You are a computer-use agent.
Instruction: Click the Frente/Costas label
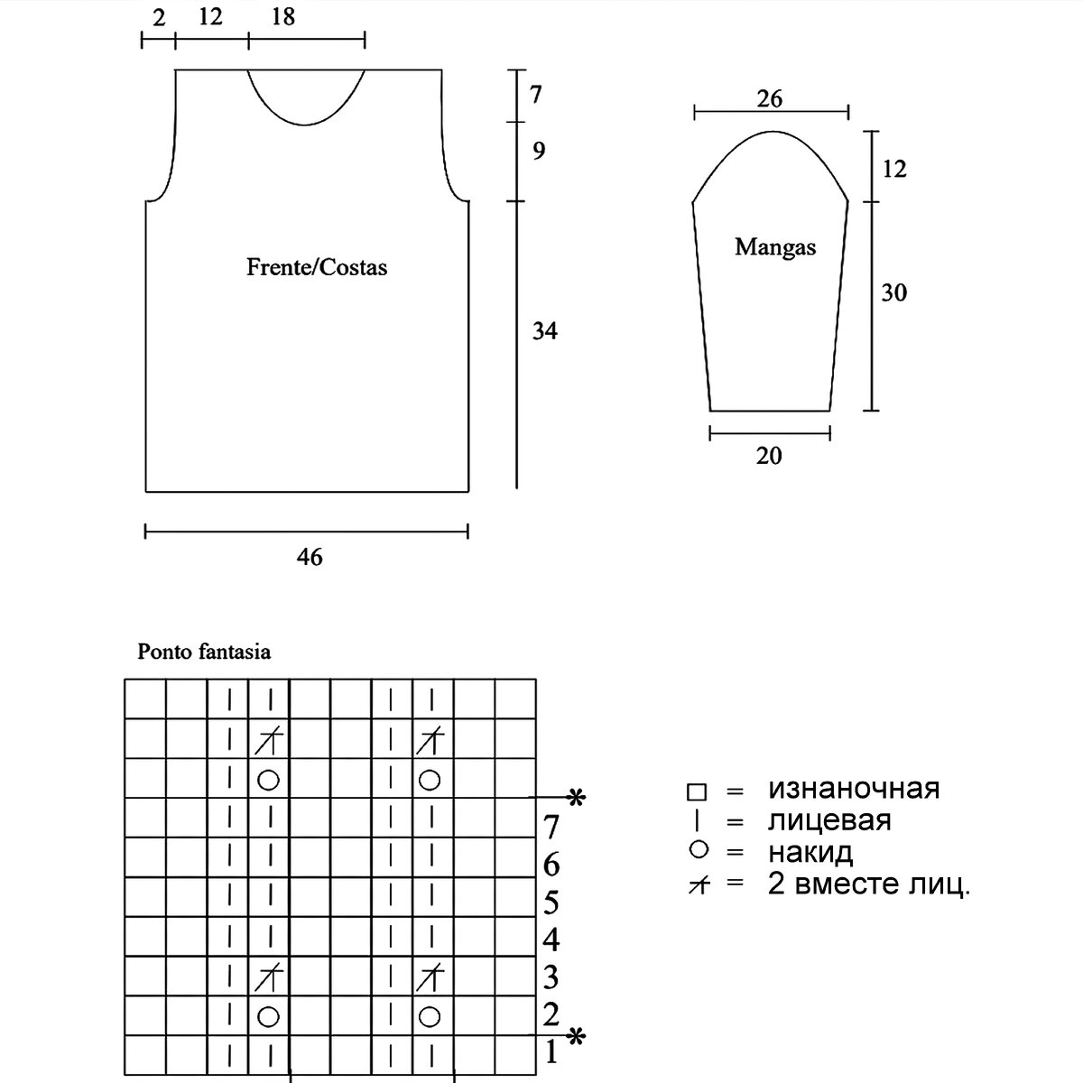(317, 267)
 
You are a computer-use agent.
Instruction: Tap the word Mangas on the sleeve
(775, 246)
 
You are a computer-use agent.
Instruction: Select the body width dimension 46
(310, 557)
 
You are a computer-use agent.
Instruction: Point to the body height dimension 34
(544, 331)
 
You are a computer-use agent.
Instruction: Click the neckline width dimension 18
(282, 17)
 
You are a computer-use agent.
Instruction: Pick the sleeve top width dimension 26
(770, 98)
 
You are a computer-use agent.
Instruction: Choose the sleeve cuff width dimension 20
(769, 456)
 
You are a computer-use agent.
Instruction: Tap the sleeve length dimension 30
(893, 292)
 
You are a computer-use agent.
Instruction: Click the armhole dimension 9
(539, 151)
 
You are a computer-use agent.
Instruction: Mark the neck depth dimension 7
(536, 94)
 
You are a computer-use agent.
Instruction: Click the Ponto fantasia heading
(204, 652)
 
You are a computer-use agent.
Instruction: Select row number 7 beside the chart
(551, 826)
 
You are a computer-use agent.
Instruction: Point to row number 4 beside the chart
(551, 940)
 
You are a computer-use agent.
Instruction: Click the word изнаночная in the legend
(854, 789)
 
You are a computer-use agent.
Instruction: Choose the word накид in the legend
(810, 852)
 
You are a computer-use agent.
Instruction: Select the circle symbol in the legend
(697, 850)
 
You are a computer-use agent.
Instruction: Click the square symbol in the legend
(697, 792)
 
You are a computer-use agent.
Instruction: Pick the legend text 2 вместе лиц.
(869, 884)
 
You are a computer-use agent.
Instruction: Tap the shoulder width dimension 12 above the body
(209, 17)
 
